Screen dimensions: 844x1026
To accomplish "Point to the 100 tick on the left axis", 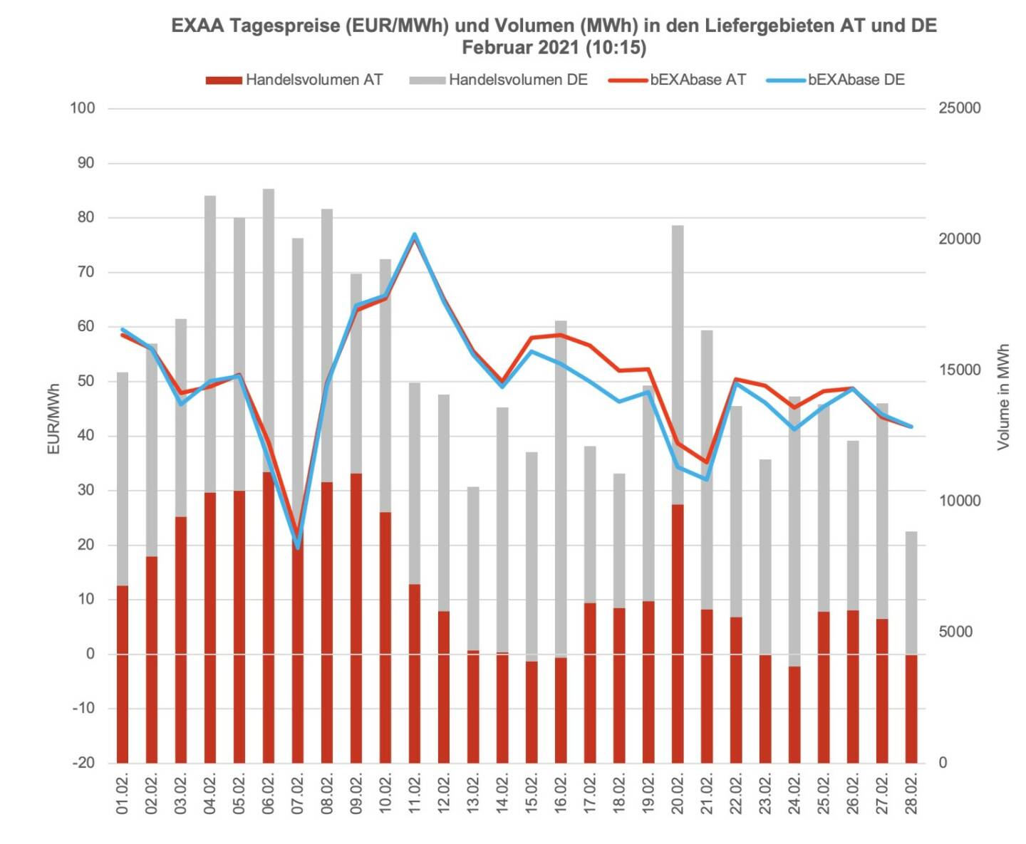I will [82, 108].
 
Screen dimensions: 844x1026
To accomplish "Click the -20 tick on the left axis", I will [82, 763].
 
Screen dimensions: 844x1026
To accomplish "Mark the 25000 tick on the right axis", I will [959, 108].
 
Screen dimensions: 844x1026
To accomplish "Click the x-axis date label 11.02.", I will [415, 792].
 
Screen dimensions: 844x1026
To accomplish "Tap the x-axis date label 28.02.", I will [911, 792].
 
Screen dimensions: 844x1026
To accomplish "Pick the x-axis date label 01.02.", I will [123, 792].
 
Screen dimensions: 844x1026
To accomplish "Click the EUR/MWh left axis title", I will [53, 419].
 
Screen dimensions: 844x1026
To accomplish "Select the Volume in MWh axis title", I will [1003, 397].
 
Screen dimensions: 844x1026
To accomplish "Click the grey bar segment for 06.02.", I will [269, 328].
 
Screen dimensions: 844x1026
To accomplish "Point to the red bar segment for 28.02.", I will [911, 709].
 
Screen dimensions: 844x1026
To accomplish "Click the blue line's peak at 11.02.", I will [415, 234].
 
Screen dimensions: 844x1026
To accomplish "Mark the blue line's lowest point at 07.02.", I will [298, 547].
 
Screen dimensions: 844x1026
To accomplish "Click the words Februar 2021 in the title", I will [517, 48].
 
